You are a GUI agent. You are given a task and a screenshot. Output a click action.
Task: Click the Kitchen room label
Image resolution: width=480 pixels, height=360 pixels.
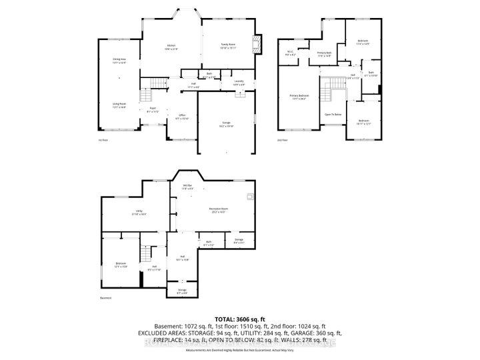[171, 47]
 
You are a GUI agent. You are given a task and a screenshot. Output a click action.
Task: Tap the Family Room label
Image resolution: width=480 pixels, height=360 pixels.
[229, 47]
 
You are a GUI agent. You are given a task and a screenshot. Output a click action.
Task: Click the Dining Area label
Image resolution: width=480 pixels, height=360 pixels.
[119, 61]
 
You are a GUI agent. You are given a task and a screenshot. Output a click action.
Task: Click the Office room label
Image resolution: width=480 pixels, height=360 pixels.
[181, 116]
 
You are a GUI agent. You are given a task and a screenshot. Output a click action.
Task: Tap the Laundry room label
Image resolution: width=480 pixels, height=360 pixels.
[239, 83]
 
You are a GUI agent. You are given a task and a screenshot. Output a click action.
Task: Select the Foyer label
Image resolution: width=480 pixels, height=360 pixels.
[152, 110]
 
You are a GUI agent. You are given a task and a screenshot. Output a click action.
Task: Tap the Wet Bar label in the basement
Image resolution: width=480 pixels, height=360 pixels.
[187, 187]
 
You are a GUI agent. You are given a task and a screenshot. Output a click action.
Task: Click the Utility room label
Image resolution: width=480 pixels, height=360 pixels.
[139, 213]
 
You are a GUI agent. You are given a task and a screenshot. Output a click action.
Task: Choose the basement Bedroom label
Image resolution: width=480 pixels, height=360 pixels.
[120, 265]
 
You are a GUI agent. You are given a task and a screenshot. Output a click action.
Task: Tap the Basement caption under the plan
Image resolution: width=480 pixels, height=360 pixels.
[105, 298]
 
